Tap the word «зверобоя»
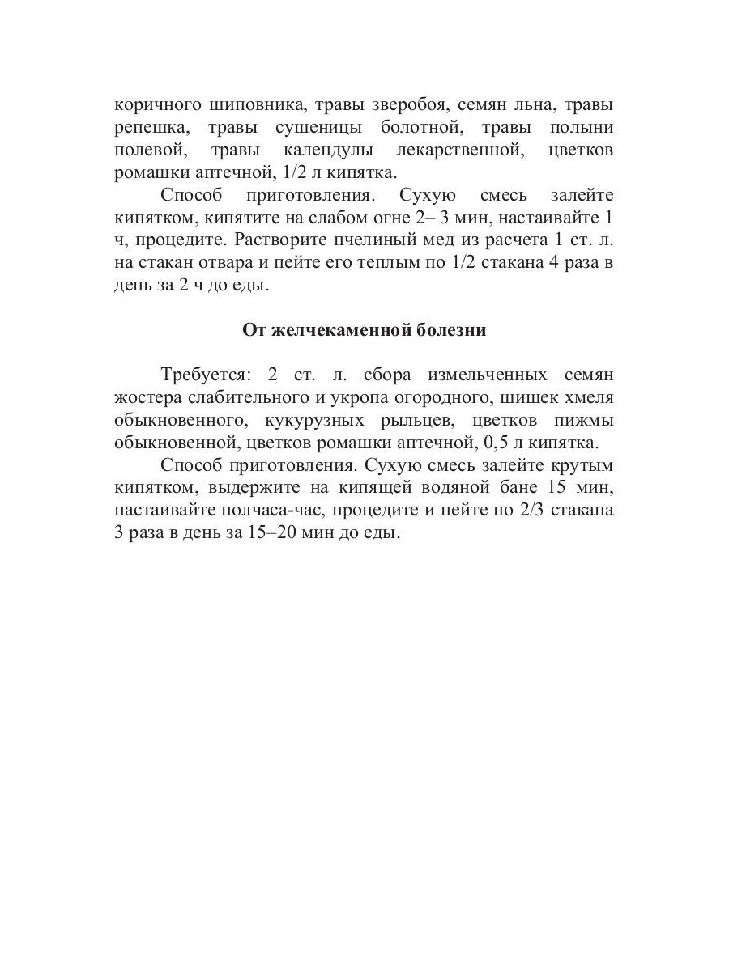point(408,105)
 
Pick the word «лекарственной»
point(458,151)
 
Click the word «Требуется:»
point(208,375)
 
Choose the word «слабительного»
point(254,398)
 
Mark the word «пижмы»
point(586,421)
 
